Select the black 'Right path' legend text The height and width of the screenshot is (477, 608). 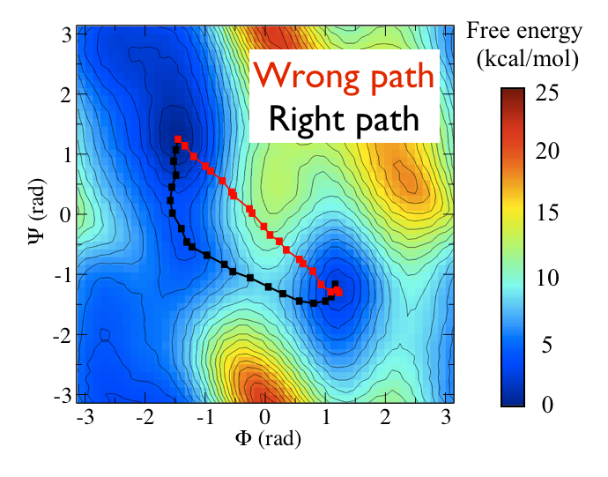[344, 117]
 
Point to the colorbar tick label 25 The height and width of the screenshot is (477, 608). [547, 97]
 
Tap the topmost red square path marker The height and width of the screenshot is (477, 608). [178, 139]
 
